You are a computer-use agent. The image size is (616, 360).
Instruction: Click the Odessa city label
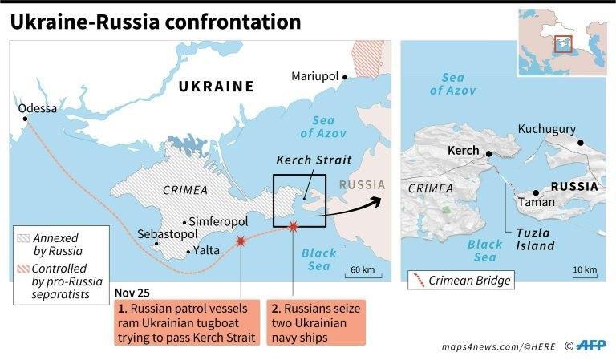pos(38,107)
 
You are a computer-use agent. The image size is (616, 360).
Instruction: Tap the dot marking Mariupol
pos(345,78)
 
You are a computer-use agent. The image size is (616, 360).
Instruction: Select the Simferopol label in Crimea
pos(219,221)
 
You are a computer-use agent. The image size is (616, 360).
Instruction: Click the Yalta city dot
pos(188,252)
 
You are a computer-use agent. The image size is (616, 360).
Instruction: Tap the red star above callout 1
pos(241,241)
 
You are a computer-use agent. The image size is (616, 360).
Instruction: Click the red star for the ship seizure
pos(293,229)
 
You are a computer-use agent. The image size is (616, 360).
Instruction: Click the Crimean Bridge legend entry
pos(460,280)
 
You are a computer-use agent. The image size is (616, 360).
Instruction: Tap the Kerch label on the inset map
pos(463,150)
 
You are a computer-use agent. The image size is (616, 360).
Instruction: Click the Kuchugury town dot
pos(580,144)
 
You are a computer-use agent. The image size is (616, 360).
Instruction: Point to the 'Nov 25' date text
pos(132,293)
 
